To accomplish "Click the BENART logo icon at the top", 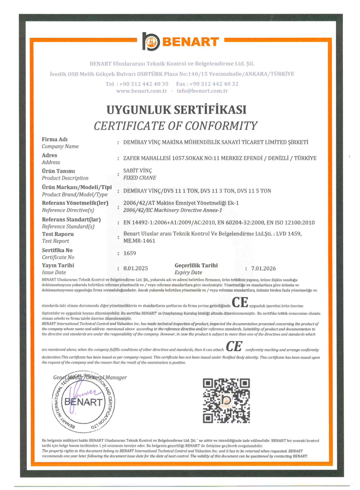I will point(151,41).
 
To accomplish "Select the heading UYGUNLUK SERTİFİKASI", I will point(176,110).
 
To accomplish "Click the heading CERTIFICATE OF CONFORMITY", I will point(175,126).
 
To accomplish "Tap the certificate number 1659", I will point(130,253).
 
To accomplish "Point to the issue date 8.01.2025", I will point(136,268).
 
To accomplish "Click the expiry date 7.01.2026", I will point(263,269).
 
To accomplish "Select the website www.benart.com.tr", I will point(142,91).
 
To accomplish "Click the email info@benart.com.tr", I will point(202,91).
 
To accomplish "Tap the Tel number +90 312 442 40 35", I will point(144,84).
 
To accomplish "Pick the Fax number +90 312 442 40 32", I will point(214,84).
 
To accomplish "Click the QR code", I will point(226,401).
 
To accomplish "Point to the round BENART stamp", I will point(83,402).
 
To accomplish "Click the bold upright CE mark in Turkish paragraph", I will point(240,302).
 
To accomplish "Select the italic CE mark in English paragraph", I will point(234,347).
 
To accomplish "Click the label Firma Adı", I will point(55,140).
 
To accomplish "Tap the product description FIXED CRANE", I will point(139,178).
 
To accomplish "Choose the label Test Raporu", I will point(58,234).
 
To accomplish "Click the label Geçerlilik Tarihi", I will point(196,266).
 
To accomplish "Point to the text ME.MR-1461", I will point(139,241).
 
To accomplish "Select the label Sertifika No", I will point(57,250).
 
